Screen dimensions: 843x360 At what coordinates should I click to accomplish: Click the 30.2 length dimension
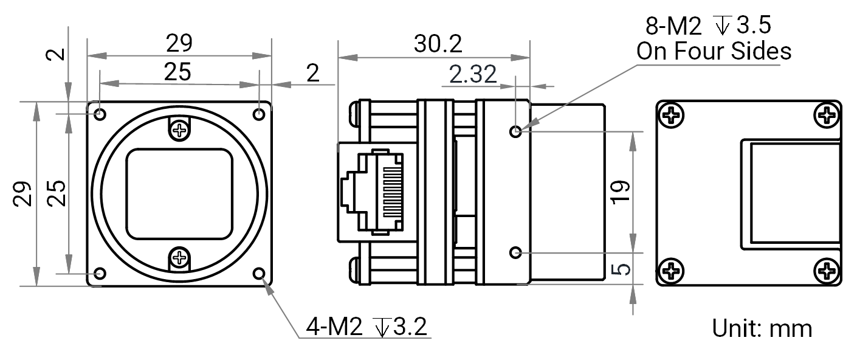[x=438, y=44]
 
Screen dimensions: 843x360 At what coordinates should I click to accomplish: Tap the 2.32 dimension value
[x=473, y=74]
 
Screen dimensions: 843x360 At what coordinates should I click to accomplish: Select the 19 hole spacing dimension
[x=620, y=192]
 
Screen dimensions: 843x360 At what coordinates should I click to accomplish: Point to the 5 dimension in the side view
[x=620, y=269]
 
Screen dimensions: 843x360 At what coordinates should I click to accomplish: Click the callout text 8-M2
[x=673, y=26]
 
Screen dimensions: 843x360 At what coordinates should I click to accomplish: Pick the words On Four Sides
[x=714, y=51]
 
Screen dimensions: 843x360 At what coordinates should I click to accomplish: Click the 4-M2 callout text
[x=334, y=326]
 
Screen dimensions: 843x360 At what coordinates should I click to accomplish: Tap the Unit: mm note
[x=762, y=328]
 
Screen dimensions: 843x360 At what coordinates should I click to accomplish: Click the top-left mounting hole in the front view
[x=100, y=114]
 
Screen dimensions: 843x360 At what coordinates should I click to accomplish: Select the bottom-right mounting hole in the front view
[x=259, y=274]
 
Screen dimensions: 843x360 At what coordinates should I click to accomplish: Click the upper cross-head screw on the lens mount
[x=179, y=130]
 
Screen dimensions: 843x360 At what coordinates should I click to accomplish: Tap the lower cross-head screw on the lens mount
[x=179, y=258]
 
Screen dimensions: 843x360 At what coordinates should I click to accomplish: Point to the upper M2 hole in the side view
[x=515, y=131]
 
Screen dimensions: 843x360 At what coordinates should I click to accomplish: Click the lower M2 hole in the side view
[x=515, y=253]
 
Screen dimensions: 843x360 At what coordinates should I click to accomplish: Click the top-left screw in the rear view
[x=672, y=115]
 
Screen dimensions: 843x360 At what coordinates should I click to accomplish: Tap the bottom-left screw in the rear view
[x=672, y=271]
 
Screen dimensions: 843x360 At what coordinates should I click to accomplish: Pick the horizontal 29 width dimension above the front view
[x=179, y=43]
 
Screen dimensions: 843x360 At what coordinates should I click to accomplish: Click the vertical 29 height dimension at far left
[x=22, y=193]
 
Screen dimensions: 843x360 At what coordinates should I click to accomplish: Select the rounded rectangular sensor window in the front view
[x=179, y=194]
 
